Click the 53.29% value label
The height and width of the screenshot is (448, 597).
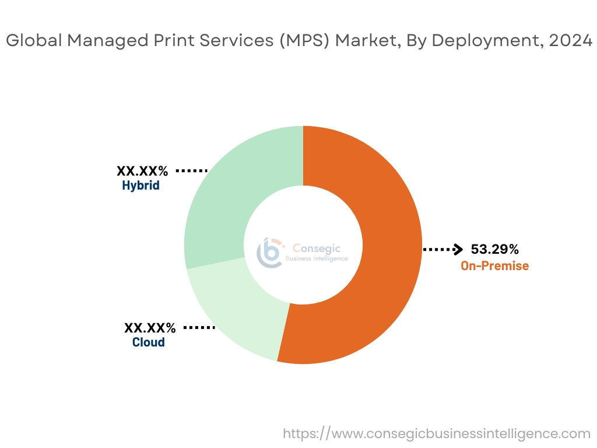point(494,250)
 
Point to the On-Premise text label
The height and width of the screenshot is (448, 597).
point(494,266)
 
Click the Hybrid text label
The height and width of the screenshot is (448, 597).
point(141,186)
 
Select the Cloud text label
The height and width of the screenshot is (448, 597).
point(148,342)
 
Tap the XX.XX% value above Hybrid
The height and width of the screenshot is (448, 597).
point(142,171)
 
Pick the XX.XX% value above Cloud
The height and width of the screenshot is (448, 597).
point(150,327)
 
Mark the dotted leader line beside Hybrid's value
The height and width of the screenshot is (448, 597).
point(192,171)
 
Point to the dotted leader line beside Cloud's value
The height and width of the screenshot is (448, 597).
point(199,327)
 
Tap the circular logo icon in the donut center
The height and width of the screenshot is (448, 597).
point(269,252)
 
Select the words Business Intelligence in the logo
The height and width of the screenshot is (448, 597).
point(317,258)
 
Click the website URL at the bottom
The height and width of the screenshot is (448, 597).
point(437,433)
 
